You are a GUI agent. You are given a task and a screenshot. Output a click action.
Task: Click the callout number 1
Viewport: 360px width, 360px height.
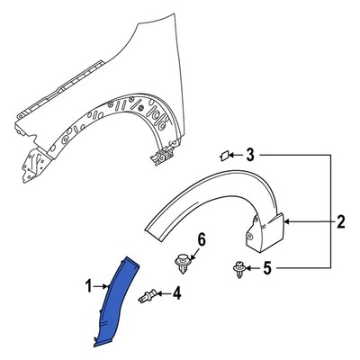(88, 287)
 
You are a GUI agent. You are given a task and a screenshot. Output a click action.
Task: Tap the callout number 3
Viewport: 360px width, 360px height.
(250, 156)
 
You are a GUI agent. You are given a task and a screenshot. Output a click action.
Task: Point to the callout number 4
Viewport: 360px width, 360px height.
(176, 292)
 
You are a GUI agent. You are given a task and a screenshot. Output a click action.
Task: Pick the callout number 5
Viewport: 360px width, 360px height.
(265, 267)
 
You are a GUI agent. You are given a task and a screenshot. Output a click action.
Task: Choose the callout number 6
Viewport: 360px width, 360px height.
(202, 238)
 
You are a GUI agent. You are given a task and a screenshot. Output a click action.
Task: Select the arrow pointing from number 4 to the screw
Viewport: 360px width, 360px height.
(167, 292)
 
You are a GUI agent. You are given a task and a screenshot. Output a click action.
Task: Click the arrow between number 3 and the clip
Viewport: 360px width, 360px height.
(238, 156)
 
